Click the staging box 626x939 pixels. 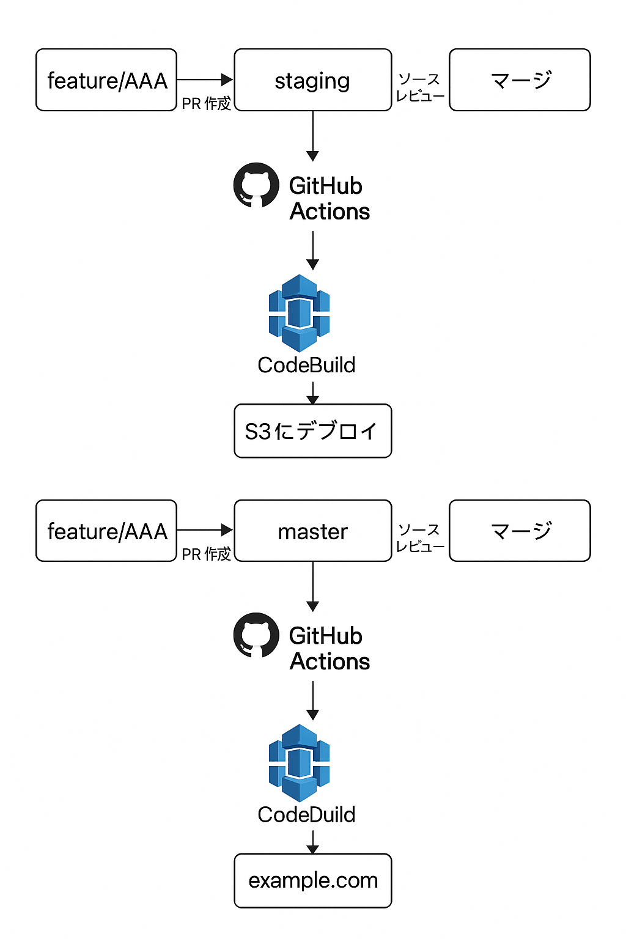click(312, 80)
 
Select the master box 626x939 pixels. click(312, 531)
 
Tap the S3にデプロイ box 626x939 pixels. click(312, 431)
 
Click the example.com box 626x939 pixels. click(312, 880)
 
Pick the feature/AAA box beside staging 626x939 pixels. click(106, 80)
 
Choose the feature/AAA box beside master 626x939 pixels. click(106, 531)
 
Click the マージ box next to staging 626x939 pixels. click(520, 80)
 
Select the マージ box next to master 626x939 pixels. click(520, 531)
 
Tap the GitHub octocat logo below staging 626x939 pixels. click(256, 185)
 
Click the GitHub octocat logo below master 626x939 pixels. click(256, 635)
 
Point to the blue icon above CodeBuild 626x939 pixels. click(299, 312)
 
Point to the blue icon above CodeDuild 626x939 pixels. click(299, 762)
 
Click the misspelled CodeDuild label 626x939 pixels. click(306, 814)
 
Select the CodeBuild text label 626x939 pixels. click(306, 365)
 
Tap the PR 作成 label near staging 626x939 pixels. click(206, 103)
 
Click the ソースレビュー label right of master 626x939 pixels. click(420, 538)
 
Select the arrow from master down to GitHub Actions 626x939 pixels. click(312, 586)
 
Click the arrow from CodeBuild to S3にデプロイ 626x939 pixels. click(312, 392)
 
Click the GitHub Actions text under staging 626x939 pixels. click(329, 199)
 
